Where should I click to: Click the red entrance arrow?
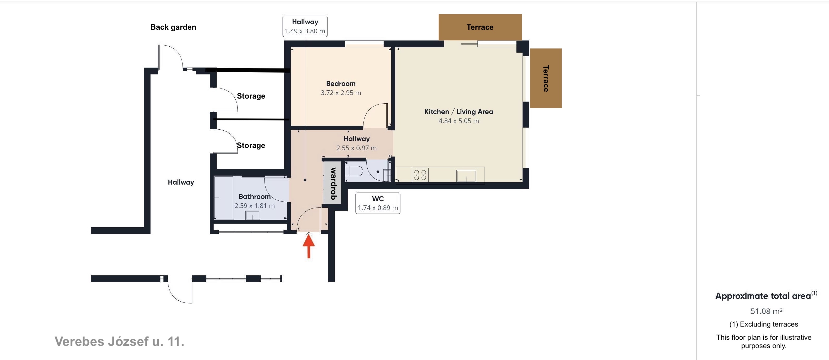click(x=309, y=246)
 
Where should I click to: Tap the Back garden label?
click(x=173, y=27)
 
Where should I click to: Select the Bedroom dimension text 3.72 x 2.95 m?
click(x=341, y=93)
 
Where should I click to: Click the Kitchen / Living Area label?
click(x=459, y=112)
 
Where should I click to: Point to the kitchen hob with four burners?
click(x=420, y=175)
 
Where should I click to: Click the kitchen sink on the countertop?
click(x=466, y=176)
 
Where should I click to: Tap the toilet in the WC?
click(x=354, y=171)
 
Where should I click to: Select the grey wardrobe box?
click(x=332, y=183)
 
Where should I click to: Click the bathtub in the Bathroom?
click(x=224, y=198)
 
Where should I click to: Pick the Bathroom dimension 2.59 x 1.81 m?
click(x=255, y=206)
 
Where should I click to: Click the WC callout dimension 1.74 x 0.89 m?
click(x=378, y=208)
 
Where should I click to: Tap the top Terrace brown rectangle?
click(x=480, y=27)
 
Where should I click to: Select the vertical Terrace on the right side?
click(x=546, y=78)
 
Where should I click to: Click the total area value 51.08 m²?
click(x=766, y=311)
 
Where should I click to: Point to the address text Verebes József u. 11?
click(x=120, y=341)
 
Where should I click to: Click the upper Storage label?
click(x=251, y=96)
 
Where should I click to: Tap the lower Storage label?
click(x=251, y=146)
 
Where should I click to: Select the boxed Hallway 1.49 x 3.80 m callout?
click(x=305, y=26)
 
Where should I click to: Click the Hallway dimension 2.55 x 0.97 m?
click(x=356, y=148)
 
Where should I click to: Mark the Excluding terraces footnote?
click(x=764, y=324)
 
